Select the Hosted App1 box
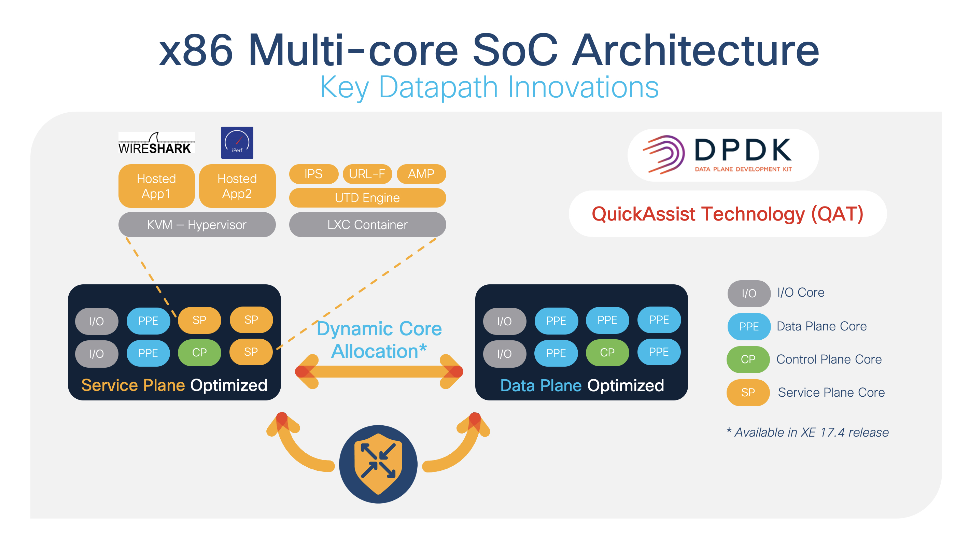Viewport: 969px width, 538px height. click(156, 186)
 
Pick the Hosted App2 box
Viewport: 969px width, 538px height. click(237, 186)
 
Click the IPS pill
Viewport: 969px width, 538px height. click(313, 174)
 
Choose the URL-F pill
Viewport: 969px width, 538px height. click(367, 174)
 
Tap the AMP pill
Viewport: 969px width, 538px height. click(421, 174)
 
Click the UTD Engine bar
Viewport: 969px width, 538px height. click(367, 198)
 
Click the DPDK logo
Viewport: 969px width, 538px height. click(722, 155)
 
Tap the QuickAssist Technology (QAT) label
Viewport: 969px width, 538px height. click(727, 214)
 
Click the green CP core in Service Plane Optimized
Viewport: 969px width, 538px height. click(199, 352)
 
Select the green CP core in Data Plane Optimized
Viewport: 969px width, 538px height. click(607, 352)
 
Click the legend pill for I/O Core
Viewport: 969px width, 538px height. click(748, 293)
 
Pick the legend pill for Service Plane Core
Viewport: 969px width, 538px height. click(748, 392)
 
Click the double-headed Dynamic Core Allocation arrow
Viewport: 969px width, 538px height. click(379, 371)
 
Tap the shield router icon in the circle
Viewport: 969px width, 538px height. click(378, 464)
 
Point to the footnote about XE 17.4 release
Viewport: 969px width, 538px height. click(807, 433)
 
